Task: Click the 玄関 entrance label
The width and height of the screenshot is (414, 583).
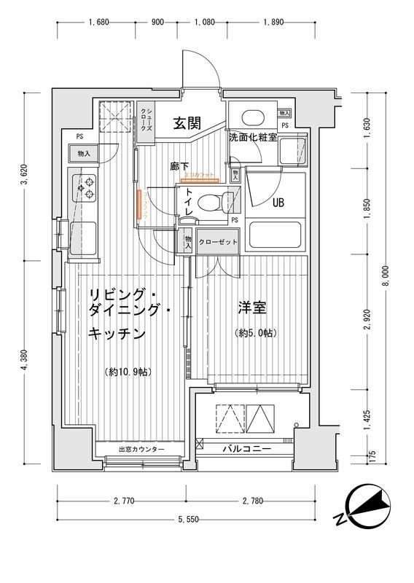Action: (x=187, y=123)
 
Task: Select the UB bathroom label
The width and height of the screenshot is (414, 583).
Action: (x=278, y=203)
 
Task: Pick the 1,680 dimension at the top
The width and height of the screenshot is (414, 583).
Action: (x=98, y=23)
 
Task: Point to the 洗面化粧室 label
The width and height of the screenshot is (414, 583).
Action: (x=252, y=137)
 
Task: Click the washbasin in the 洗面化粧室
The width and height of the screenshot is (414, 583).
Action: (x=251, y=118)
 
